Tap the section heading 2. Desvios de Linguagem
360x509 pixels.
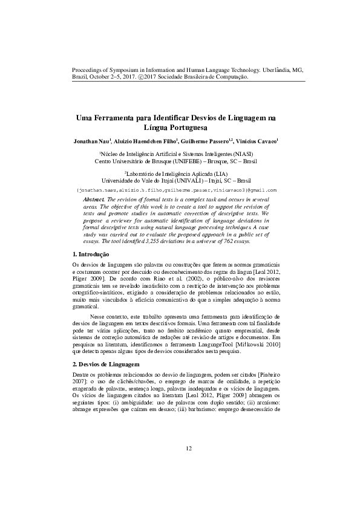click(x=106, y=365)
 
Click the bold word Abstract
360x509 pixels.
click(x=94, y=198)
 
